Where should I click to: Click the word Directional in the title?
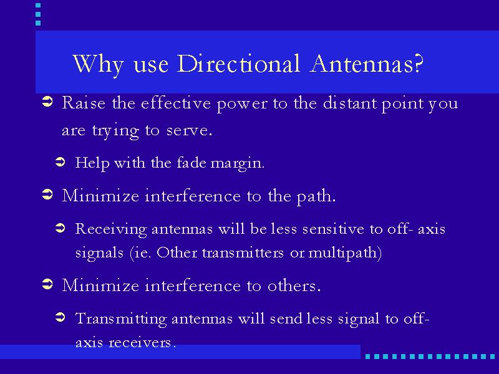[238, 64]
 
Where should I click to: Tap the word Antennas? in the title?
[367, 64]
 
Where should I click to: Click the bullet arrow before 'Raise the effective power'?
[47, 102]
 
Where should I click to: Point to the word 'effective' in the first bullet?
[176, 103]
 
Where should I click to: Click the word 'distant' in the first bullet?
[349, 103]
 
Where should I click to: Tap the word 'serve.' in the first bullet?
[189, 130]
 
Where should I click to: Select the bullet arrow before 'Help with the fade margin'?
[60, 162]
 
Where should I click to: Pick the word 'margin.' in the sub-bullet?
[238, 164]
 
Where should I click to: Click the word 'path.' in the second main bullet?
[316, 196]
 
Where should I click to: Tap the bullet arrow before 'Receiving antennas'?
[60, 228]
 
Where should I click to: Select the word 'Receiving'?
[111, 229]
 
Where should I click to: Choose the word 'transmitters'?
[243, 253]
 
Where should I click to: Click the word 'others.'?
[294, 285]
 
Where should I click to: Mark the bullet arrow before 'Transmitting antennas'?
[60, 317]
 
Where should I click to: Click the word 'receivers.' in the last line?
[142, 342]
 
